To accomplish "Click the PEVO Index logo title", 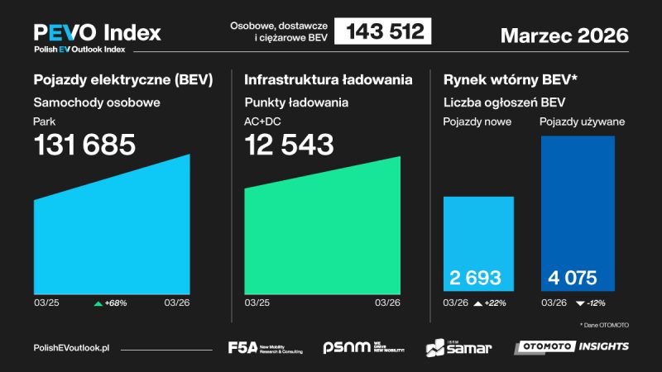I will (97, 33).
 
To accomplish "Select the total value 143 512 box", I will (384, 32).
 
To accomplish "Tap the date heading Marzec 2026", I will (564, 36).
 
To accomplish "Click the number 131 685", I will (84, 145).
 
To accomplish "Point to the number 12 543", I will (289, 145).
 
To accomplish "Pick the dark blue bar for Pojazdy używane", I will (578, 207).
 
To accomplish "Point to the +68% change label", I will (111, 303).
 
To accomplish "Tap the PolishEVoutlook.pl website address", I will (72, 348).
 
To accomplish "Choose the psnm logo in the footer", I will (364, 347).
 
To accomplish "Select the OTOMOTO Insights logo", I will (571, 346).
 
